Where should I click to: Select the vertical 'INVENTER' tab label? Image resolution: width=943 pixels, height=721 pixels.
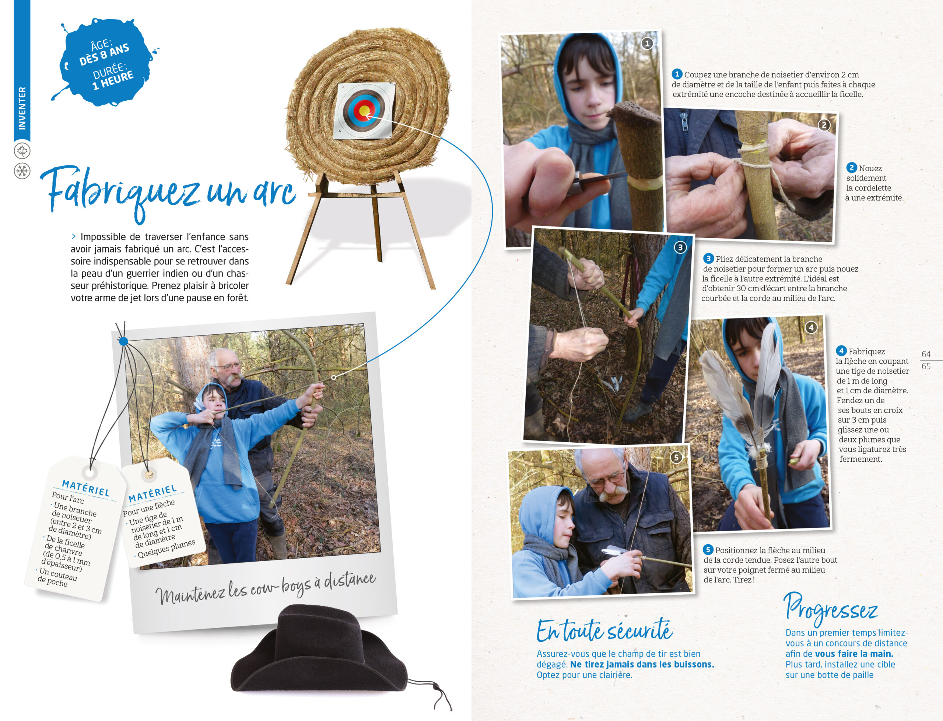(x=22, y=108)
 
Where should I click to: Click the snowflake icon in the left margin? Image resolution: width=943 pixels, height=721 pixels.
(x=22, y=171)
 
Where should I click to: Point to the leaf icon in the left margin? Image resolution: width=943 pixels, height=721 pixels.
(x=22, y=151)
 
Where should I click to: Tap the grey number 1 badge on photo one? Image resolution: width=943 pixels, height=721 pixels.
(x=647, y=43)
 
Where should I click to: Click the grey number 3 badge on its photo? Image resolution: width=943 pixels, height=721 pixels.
(x=680, y=247)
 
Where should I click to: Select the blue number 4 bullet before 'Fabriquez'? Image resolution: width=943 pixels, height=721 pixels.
(x=841, y=351)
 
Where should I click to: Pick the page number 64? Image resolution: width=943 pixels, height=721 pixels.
(x=926, y=354)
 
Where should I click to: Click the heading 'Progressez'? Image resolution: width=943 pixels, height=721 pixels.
(x=831, y=609)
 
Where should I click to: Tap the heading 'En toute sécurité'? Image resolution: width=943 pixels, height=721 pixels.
(x=604, y=630)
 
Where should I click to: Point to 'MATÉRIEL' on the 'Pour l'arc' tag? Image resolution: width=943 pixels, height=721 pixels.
(x=86, y=488)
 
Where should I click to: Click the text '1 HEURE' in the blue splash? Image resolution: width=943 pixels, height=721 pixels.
(x=113, y=80)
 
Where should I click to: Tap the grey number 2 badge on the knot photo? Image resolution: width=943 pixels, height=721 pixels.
(x=824, y=125)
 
